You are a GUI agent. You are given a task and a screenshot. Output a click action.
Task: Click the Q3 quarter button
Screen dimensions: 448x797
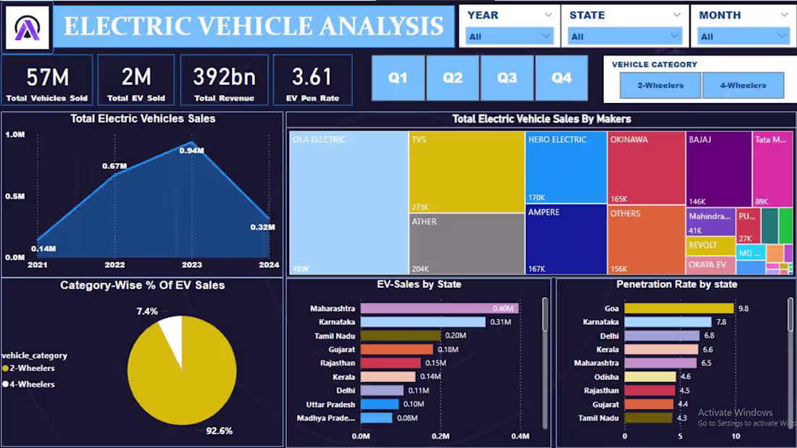(507, 78)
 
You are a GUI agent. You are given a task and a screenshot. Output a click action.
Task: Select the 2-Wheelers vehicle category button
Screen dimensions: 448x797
(660, 86)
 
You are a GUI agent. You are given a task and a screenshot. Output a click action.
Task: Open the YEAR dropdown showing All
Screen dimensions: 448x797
(509, 36)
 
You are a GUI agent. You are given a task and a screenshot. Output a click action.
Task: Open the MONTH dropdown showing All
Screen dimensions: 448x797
(743, 36)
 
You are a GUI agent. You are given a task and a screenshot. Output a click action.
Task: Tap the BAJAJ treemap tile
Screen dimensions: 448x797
(719, 169)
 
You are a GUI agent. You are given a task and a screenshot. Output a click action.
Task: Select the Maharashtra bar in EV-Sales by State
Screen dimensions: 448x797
(439, 309)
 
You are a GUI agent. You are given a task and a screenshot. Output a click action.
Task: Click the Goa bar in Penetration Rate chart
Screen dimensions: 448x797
(679, 309)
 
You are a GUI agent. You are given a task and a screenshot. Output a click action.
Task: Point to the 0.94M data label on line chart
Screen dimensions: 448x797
(192, 151)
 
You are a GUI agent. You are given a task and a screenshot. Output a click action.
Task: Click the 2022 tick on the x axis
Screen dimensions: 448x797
(114, 265)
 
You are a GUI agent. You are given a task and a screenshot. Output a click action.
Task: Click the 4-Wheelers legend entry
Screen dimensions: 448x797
(32, 384)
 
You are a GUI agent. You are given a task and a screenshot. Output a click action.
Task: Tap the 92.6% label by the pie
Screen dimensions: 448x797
(219, 431)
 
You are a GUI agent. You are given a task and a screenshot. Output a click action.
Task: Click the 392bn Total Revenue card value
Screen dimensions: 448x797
(224, 77)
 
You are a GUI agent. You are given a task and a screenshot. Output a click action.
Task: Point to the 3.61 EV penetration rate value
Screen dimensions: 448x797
(312, 77)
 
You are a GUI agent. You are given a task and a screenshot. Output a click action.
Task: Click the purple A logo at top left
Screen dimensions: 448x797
(28, 28)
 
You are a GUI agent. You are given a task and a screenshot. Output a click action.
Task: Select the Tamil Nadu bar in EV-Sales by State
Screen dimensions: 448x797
(400, 336)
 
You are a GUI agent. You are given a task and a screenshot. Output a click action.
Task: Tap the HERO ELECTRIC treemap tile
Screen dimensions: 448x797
(566, 167)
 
